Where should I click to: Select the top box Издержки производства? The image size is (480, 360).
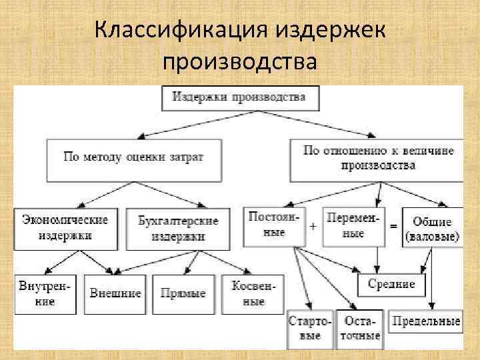click(240, 97)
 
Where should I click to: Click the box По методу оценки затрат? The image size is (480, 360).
click(133, 158)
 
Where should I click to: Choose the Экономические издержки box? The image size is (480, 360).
click(65, 227)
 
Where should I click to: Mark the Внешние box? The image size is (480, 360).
click(116, 294)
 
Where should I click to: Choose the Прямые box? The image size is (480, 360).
click(183, 294)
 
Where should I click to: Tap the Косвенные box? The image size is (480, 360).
click(249, 294)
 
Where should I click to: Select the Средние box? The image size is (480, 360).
click(391, 285)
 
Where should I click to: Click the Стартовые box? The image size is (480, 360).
click(310, 329)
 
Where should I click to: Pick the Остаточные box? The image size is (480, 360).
click(360, 329)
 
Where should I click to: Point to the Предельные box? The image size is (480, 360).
click(426, 322)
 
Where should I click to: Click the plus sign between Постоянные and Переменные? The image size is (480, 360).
click(313, 226)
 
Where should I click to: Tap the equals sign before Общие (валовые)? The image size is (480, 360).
click(393, 227)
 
